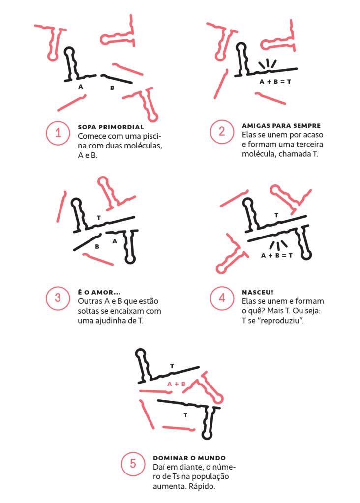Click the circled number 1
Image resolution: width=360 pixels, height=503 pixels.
pyautogui.click(x=58, y=132)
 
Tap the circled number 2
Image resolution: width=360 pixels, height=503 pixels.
pyautogui.click(x=222, y=131)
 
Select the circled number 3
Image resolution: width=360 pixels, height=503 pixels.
pyautogui.click(x=58, y=298)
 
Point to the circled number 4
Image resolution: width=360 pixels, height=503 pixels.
pyautogui.click(x=222, y=298)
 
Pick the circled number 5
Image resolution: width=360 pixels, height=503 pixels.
pyautogui.click(x=133, y=464)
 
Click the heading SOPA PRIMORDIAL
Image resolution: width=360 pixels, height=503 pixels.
pyautogui.click(x=111, y=127)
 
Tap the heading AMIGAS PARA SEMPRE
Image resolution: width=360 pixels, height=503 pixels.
pyautogui.click(x=281, y=126)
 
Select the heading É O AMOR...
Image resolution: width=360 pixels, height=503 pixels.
pyautogui.click(x=99, y=292)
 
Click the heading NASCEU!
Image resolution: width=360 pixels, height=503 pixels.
pyautogui.click(x=258, y=292)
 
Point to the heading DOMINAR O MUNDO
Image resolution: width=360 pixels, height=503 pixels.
pyautogui.click(x=189, y=458)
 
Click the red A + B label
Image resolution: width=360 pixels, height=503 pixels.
pyautogui.click(x=177, y=384)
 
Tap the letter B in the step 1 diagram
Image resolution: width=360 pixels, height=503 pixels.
pyautogui.click(x=112, y=88)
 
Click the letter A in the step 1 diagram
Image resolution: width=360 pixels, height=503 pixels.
pyautogui.click(x=81, y=87)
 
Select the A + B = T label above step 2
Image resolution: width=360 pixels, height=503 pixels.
pyautogui.click(x=275, y=82)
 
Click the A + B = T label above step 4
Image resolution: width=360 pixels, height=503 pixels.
pyautogui.click(x=276, y=256)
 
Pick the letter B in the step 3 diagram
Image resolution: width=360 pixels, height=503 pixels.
pyautogui.click(x=97, y=247)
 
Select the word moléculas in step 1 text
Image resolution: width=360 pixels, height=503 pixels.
pyautogui.click(x=144, y=146)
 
